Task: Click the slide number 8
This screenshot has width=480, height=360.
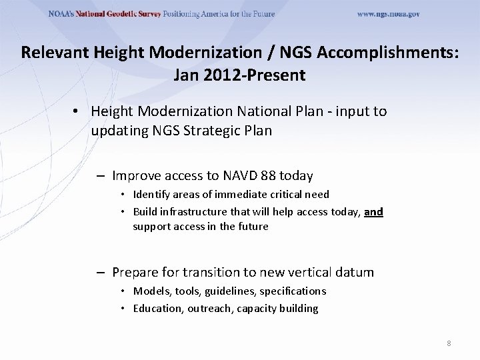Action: point(449,343)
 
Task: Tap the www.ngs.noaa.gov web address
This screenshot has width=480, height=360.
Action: point(388,14)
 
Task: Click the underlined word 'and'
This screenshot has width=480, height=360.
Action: point(373,212)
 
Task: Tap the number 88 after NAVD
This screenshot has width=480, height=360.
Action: point(268,176)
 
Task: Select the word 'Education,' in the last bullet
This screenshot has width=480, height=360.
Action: point(158,308)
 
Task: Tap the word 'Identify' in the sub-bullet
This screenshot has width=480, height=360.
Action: point(151,195)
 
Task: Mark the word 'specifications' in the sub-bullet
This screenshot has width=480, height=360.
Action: point(293,291)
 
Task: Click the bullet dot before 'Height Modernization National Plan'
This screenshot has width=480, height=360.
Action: point(77,111)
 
